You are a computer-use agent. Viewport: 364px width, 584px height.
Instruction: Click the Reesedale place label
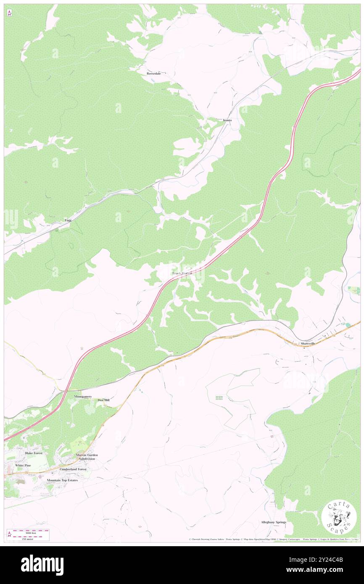click(x=153, y=74)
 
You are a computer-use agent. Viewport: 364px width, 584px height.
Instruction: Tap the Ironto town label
click(x=227, y=120)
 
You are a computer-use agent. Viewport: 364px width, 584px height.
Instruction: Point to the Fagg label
click(x=68, y=220)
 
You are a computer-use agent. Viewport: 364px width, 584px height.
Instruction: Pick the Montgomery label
click(x=83, y=397)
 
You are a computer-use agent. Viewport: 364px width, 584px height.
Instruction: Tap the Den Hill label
click(x=103, y=400)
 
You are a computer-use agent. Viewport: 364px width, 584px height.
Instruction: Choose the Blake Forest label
click(x=34, y=453)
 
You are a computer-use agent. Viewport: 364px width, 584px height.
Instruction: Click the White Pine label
click(x=23, y=466)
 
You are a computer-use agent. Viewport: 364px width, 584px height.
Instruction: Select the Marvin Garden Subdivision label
click(x=85, y=457)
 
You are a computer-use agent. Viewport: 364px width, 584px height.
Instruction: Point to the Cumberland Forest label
click(x=73, y=469)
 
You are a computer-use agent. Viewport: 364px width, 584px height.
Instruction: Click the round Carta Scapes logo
click(x=339, y=518)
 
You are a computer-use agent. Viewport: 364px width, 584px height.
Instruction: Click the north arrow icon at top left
click(x=9, y=13)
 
